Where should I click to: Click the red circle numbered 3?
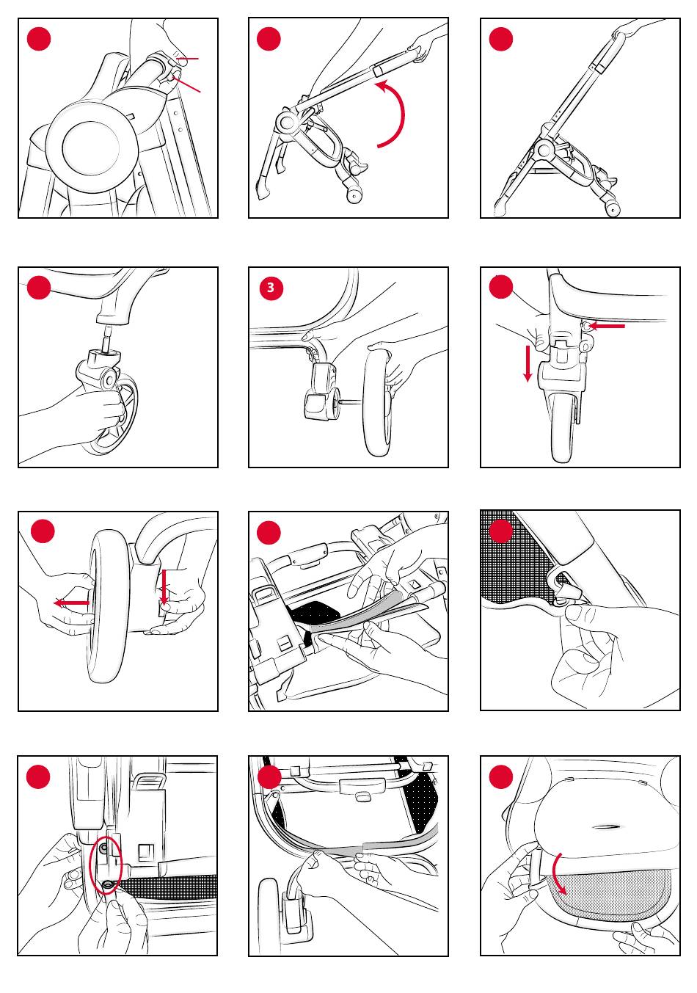point(271,288)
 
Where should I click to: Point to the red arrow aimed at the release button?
point(607,326)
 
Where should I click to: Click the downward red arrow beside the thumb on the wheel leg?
point(528,363)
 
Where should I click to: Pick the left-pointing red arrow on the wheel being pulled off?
point(71,603)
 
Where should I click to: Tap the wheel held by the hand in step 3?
point(378,401)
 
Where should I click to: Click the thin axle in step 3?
point(351,401)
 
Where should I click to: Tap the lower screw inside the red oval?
point(107,884)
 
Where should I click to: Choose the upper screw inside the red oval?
point(103,847)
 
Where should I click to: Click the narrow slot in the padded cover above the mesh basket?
point(607,827)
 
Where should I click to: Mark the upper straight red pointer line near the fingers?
point(187,59)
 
